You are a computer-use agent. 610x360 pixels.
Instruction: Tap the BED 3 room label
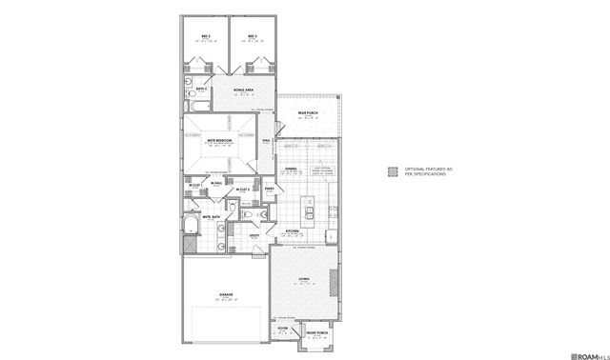253,36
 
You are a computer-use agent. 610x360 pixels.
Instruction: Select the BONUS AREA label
243,90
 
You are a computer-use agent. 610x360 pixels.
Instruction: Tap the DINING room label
292,170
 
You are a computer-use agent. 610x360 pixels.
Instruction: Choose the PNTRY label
270,190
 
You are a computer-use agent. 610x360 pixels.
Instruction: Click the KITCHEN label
294,231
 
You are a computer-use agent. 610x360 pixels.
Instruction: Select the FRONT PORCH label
315,332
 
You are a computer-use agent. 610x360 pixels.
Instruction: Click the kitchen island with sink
308,205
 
